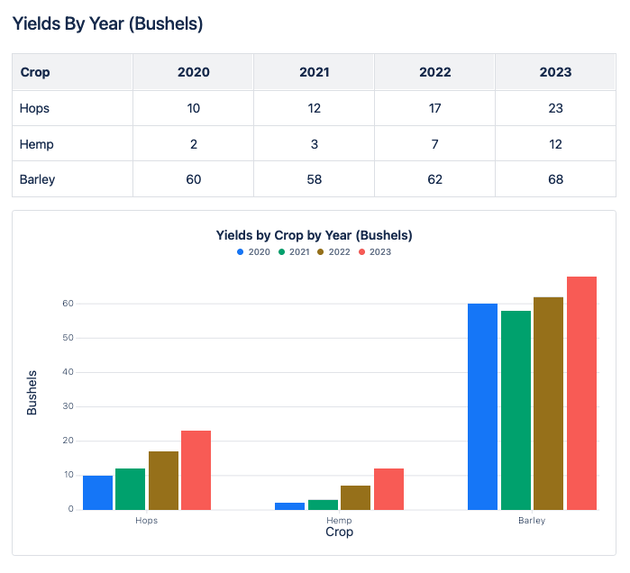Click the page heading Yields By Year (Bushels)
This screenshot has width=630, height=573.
pyautogui.click(x=107, y=24)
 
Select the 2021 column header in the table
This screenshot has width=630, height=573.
pyautogui.click(x=314, y=72)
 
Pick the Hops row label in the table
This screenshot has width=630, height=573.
pyautogui.click(x=34, y=108)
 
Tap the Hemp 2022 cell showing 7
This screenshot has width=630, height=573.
pyautogui.click(x=434, y=144)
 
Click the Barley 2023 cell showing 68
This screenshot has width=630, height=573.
pyautogui.click(x=555, y=179)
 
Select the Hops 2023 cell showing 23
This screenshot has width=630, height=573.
pyautogui.click(x=555, y=108)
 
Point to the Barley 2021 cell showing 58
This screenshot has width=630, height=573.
pyautogui.click(x=314, y=179)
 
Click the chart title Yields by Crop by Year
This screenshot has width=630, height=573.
pyautogui.click(x=314, y=235)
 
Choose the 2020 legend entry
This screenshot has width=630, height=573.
pyautogui.click(x=253, y=252)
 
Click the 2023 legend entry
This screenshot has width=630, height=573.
pyautogui.click(x=374, y=252)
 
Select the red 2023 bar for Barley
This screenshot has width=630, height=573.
pyautogui.click(x=581, y=393)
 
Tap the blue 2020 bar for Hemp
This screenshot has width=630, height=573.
pyautogui.click(x=289, y=506)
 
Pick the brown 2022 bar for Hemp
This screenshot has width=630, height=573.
pyautogui.click(x=355, y=497)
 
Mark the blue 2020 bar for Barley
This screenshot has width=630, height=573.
pyautogui.click(x=482, y=406)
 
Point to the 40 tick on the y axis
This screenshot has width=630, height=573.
pyautogui.click(x=68, y=372)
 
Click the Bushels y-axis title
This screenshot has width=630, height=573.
pyautogui.click(x=32, y=392)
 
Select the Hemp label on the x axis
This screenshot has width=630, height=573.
pyautogui.click(x=339, y=521)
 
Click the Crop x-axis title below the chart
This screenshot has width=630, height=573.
pyautogui.click(x=339, y=532)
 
